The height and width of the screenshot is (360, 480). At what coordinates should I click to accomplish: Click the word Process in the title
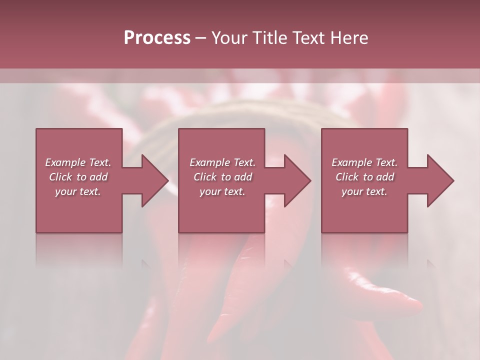(157, 38)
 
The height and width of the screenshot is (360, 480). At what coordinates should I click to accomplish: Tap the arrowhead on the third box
(439, 180)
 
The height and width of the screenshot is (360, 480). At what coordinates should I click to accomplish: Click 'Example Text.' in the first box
(78, 162)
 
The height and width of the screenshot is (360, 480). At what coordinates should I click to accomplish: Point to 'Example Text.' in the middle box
(222, 162)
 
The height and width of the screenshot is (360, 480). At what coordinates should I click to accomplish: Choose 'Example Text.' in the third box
(364, 162)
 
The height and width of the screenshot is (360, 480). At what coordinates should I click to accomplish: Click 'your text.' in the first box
(78, 191)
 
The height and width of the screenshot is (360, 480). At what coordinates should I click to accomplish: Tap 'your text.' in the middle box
(222, 191)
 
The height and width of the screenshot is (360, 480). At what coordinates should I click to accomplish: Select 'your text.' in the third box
(364, 191)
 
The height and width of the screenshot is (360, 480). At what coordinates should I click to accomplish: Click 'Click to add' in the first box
(78, 177)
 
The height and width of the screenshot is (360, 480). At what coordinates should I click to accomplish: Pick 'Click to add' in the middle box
(222, 177)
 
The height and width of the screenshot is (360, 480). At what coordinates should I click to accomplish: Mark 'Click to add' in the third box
(364, 177)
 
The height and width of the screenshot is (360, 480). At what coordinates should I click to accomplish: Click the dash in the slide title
(201, 38)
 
